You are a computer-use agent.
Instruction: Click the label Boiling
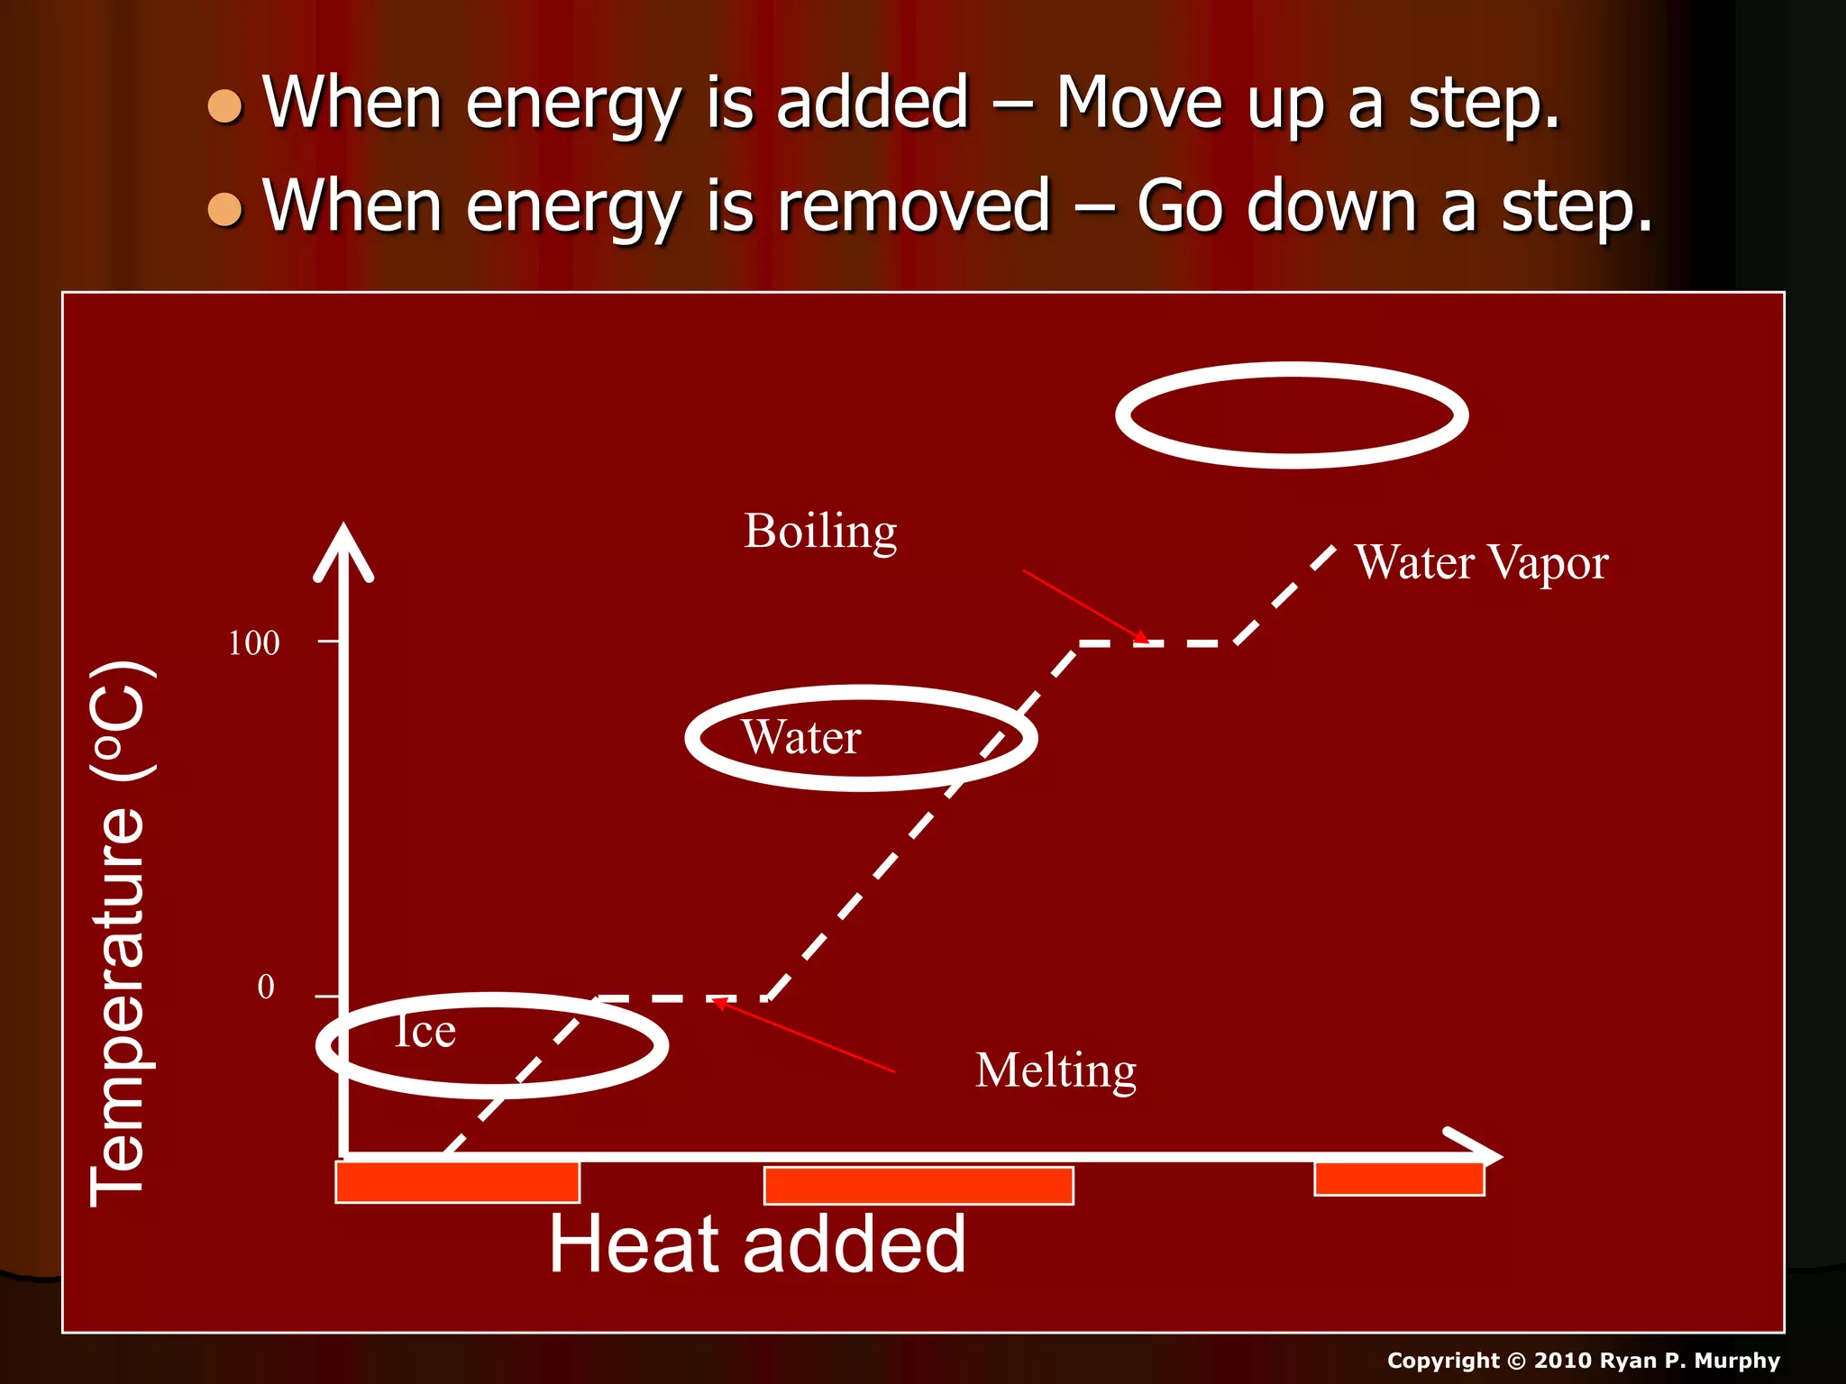point(820,532)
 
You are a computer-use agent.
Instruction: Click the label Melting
point(1056,1070)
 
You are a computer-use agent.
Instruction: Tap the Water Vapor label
point(1481,563)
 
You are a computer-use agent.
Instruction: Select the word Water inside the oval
point(800,737)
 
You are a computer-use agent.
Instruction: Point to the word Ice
point(425,1031)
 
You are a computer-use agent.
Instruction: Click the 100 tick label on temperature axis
point(253,643)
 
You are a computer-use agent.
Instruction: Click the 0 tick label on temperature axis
point(266,987)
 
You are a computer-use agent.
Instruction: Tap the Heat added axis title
point(757,1244)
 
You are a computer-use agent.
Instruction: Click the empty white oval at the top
point(1292,415)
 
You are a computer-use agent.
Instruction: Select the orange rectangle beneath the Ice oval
point(457,1182)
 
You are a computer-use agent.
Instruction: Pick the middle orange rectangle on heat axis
point(918,1185)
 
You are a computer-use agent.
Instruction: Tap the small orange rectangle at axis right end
point(1399,1179)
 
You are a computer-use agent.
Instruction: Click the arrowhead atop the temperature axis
point(343,551)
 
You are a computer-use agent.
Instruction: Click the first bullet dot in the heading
point(224,106)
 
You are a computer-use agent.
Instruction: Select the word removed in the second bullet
point(914,206)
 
